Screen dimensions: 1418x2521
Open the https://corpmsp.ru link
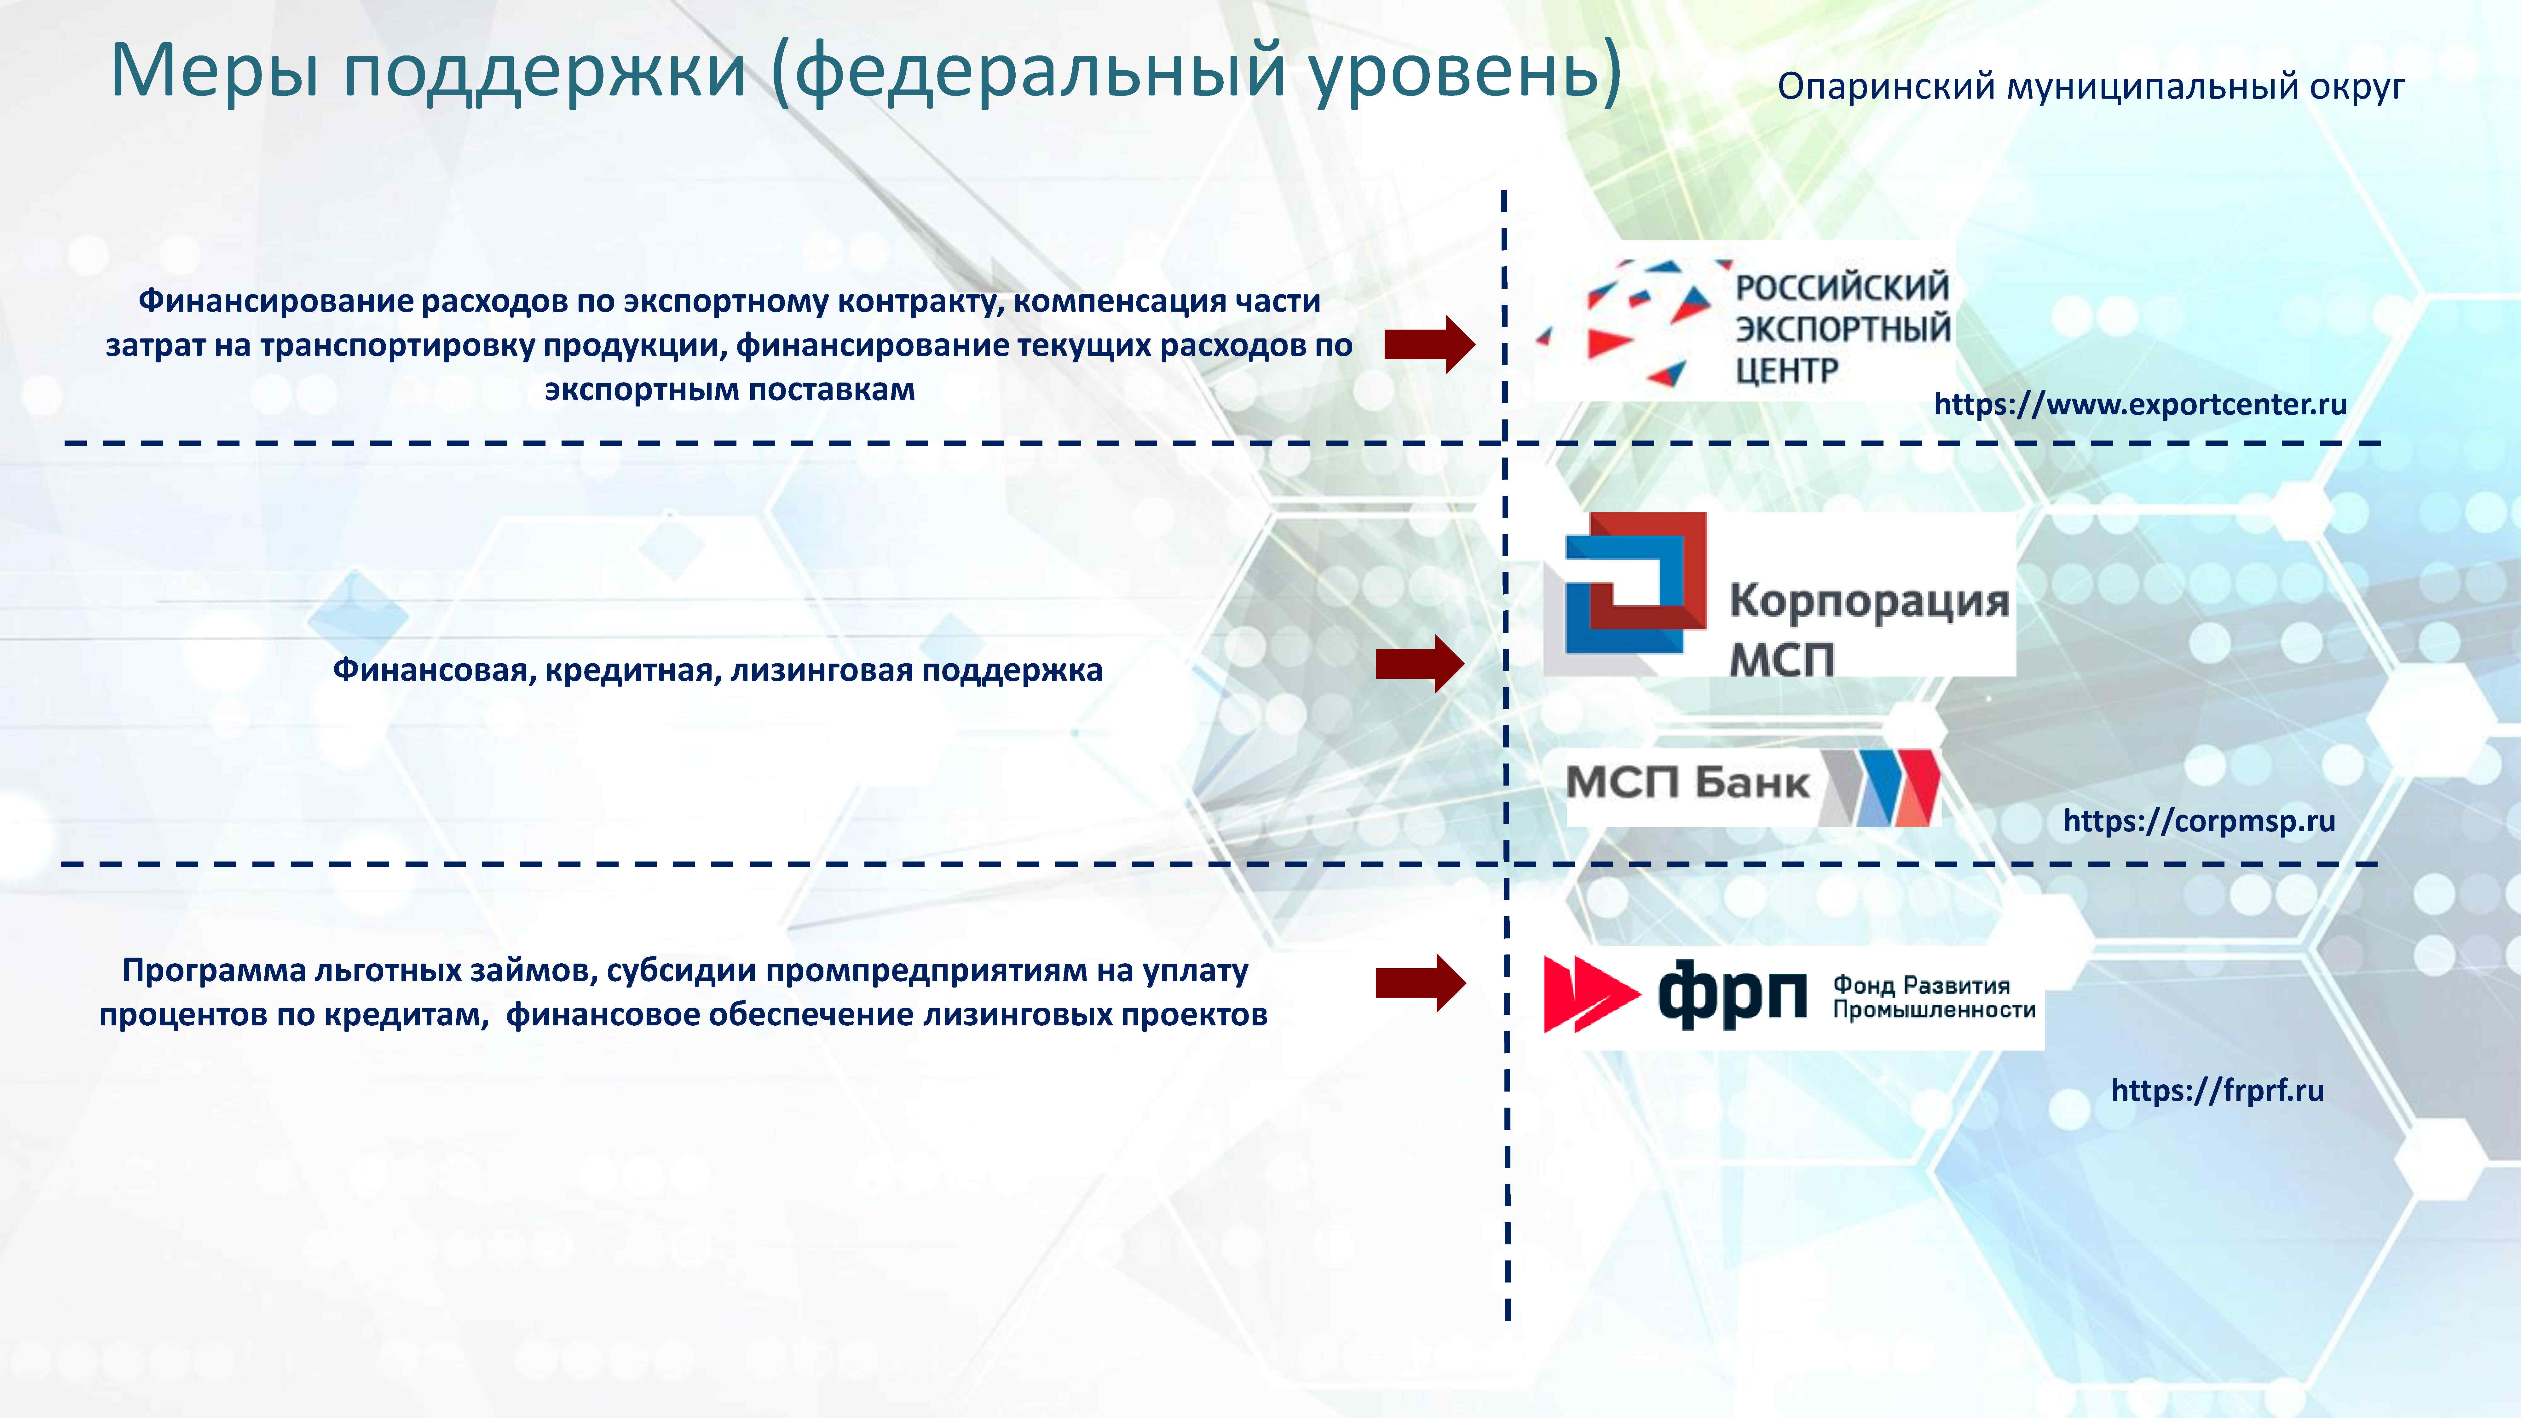click(2198, 820)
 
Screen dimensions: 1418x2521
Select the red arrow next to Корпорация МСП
click(1419, 664)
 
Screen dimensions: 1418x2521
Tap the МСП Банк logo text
click(1687, 783)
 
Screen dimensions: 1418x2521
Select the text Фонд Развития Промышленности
click(1933, 997)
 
